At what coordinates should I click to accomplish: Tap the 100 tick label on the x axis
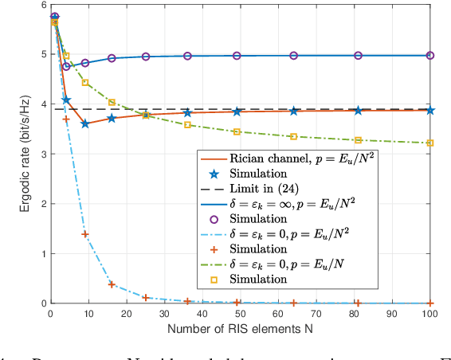430,314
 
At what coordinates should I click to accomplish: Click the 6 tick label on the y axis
41,5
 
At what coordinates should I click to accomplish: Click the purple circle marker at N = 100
430,56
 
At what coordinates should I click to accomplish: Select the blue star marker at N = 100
430,110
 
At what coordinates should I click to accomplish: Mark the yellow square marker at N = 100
430,143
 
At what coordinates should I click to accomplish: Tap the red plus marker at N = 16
112,284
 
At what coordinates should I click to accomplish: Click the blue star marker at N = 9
85,123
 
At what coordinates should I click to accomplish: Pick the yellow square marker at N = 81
358,140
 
